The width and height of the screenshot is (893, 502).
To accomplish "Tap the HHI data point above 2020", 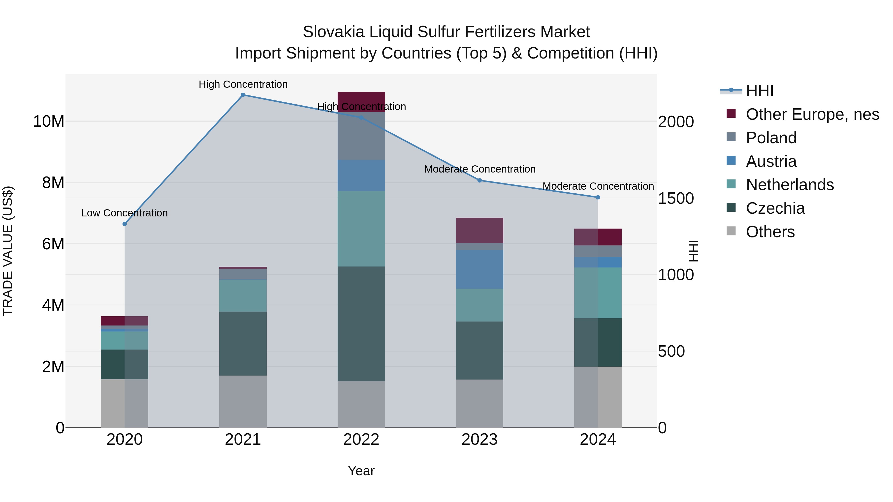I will tap(125, 224).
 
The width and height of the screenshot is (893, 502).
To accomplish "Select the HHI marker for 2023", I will tap(479, 180).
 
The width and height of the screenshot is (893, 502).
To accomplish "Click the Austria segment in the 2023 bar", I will tap(479, 269).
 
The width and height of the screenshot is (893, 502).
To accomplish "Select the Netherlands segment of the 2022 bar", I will tap(361, 229).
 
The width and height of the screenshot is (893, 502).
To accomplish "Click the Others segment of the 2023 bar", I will tap(479, 403).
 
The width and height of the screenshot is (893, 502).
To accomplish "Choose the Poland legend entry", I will tap(771, 138).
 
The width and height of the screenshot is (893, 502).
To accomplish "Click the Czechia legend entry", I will tap(775, 208).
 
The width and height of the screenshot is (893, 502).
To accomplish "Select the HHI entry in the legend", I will tap(759, 91).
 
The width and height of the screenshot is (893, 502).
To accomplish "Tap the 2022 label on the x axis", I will tap(361, 440).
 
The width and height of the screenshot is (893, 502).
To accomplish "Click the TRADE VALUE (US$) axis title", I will tap(8, 251).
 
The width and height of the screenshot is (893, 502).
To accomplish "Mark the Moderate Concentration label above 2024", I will tap(598, 186).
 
